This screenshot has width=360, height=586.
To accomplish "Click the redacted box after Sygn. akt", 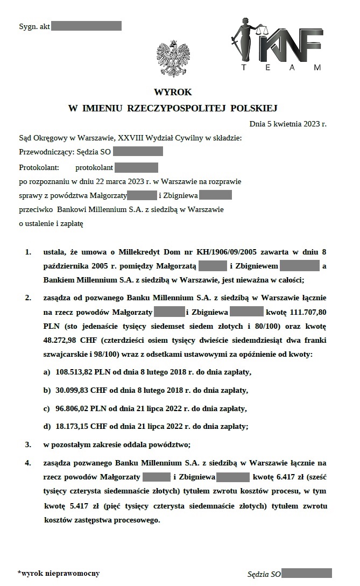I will pyautogui.click(x=86, y=26).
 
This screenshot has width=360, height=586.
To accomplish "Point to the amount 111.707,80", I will pyautogui.click(x=306, y=312).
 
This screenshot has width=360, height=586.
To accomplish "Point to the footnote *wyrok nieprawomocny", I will pyautogui.click(x=59, y=574).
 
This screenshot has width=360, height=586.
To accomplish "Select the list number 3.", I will pyautogui.click(x=28, y=444).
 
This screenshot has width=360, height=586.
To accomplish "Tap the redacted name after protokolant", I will pyautogui.click(x=136, y=167).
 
